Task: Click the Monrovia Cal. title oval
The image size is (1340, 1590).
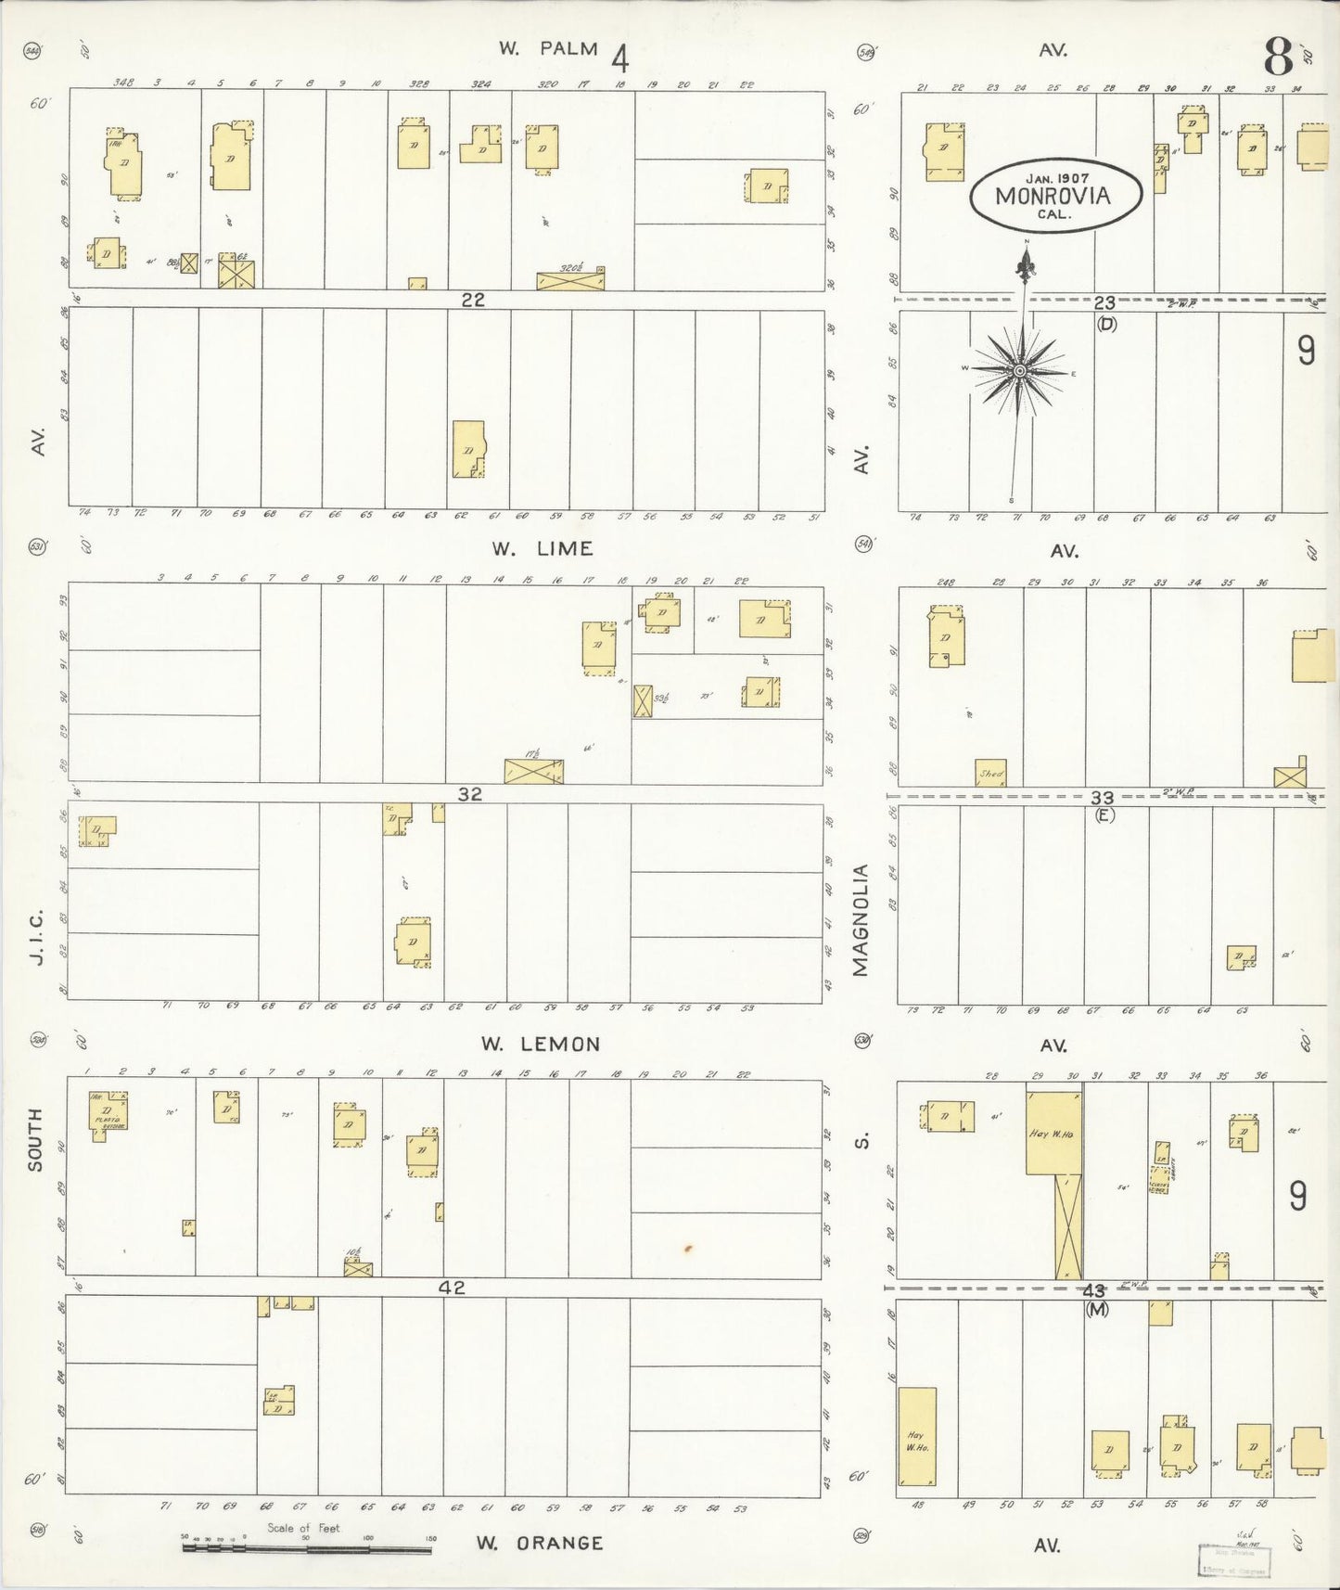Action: (1055, 197)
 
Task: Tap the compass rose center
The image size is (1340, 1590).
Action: (1019, 371)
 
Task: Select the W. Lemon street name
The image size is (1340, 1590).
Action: (540, 1044)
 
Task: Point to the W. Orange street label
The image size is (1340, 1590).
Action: (540, 1543)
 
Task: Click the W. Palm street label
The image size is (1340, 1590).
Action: (548, 49)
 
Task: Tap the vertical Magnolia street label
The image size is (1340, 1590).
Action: (860, 919)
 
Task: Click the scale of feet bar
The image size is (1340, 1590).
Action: (306, 1546)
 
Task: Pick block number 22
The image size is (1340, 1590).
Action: (473, 300)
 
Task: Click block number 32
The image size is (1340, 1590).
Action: (470, 794)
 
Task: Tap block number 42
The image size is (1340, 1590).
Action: (452, 1288)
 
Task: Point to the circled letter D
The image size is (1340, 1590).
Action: (1105, 324)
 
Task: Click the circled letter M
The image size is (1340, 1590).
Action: (1097, 1309)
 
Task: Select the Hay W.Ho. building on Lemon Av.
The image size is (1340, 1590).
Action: (1053, 1133)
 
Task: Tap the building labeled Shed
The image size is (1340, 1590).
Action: (990, 773)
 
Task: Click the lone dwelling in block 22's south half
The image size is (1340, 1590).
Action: (468, 450)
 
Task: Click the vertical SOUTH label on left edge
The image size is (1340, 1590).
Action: (35, 1139)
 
